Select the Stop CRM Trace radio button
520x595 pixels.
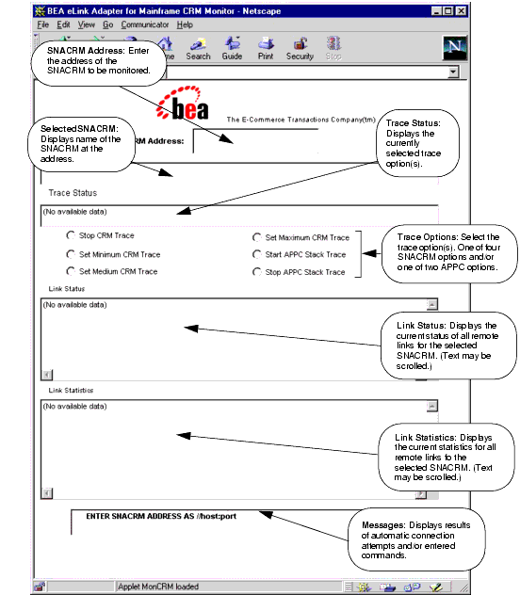click(70, 237)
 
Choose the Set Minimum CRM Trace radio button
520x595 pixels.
click(70, 254)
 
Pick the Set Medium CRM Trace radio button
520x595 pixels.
click(70, 271)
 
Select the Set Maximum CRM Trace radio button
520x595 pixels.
click(256, 237)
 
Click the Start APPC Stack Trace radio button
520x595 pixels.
click(256, 254)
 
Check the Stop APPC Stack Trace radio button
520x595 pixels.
click(256, 271)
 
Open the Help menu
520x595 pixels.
click(185, 24)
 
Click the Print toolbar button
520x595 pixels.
click(266, 47)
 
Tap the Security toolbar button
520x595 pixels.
click(300, 47)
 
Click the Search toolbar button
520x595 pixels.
click(198, 47)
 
